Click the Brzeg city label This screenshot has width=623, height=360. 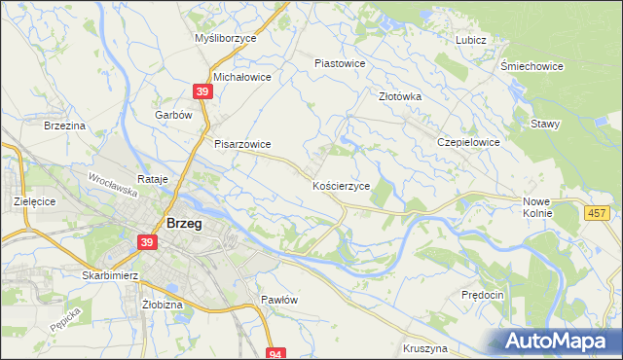(185, 223)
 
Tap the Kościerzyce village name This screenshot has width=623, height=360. (341, 185)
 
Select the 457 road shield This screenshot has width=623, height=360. (598, 212)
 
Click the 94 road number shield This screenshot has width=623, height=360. (276, 354)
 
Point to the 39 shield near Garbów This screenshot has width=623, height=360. (202, 91)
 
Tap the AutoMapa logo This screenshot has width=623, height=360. (561, 341)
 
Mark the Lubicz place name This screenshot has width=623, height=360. (470, 40)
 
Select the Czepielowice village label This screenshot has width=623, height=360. (468, 142)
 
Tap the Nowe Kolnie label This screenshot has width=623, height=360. (536, 205)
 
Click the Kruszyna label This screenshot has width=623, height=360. (424, 347)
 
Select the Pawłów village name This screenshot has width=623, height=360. (278, 300)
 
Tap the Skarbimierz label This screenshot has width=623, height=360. (113, 275)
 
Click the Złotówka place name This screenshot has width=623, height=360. (399, 96)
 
